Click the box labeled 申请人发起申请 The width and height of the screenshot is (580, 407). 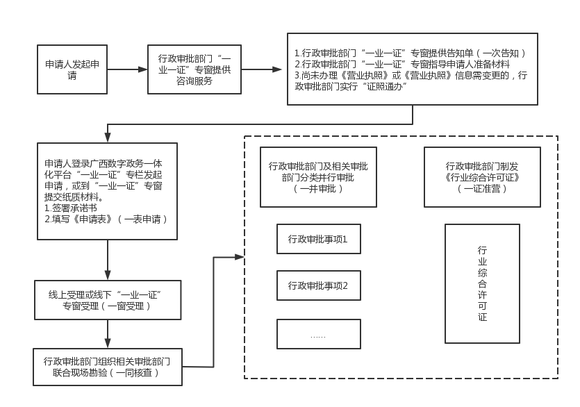(72, 69)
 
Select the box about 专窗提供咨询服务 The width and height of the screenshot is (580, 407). (194, 69)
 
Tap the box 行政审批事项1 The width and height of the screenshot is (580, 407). (319, 239)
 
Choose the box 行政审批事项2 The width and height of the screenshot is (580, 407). (319, 285)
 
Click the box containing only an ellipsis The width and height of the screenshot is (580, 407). (319, 334)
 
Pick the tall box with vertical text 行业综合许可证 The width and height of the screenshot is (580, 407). (482, 283)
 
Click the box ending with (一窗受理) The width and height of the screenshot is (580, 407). (108, 300)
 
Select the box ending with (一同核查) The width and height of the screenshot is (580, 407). (108, 367)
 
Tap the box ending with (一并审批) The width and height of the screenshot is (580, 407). (319, 177)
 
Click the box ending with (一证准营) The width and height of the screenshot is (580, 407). (482, 177)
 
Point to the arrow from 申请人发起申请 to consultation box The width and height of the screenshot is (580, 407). (127, 69)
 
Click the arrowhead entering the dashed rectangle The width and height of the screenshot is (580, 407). (240, 257)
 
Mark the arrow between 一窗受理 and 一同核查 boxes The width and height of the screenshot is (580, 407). (108, 334)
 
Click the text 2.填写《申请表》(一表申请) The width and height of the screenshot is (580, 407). (106, 219)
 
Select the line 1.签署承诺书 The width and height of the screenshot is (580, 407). (71, 208)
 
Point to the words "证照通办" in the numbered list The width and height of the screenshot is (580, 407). (385, 87)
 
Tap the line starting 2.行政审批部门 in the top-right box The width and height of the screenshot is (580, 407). (402, 65)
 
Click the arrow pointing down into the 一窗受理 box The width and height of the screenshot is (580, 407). (108, 260)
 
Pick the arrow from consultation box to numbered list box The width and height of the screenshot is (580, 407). (261, 69)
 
